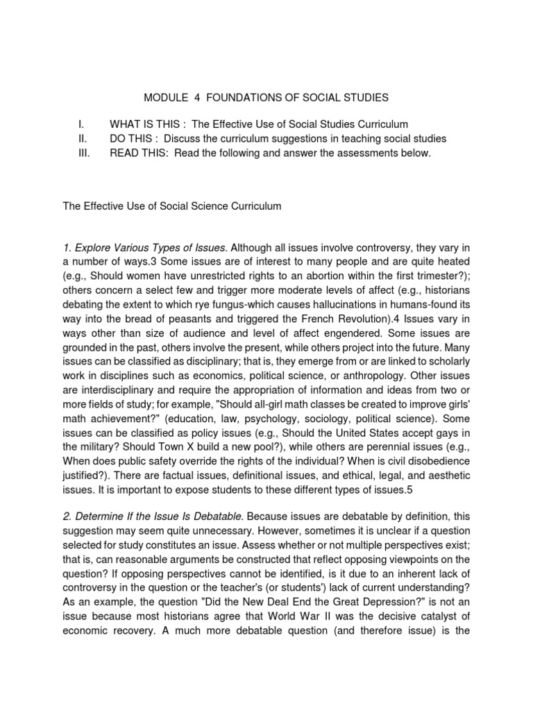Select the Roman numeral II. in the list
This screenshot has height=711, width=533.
coord(82,139)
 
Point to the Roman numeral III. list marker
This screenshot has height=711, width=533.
coord(83,153)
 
